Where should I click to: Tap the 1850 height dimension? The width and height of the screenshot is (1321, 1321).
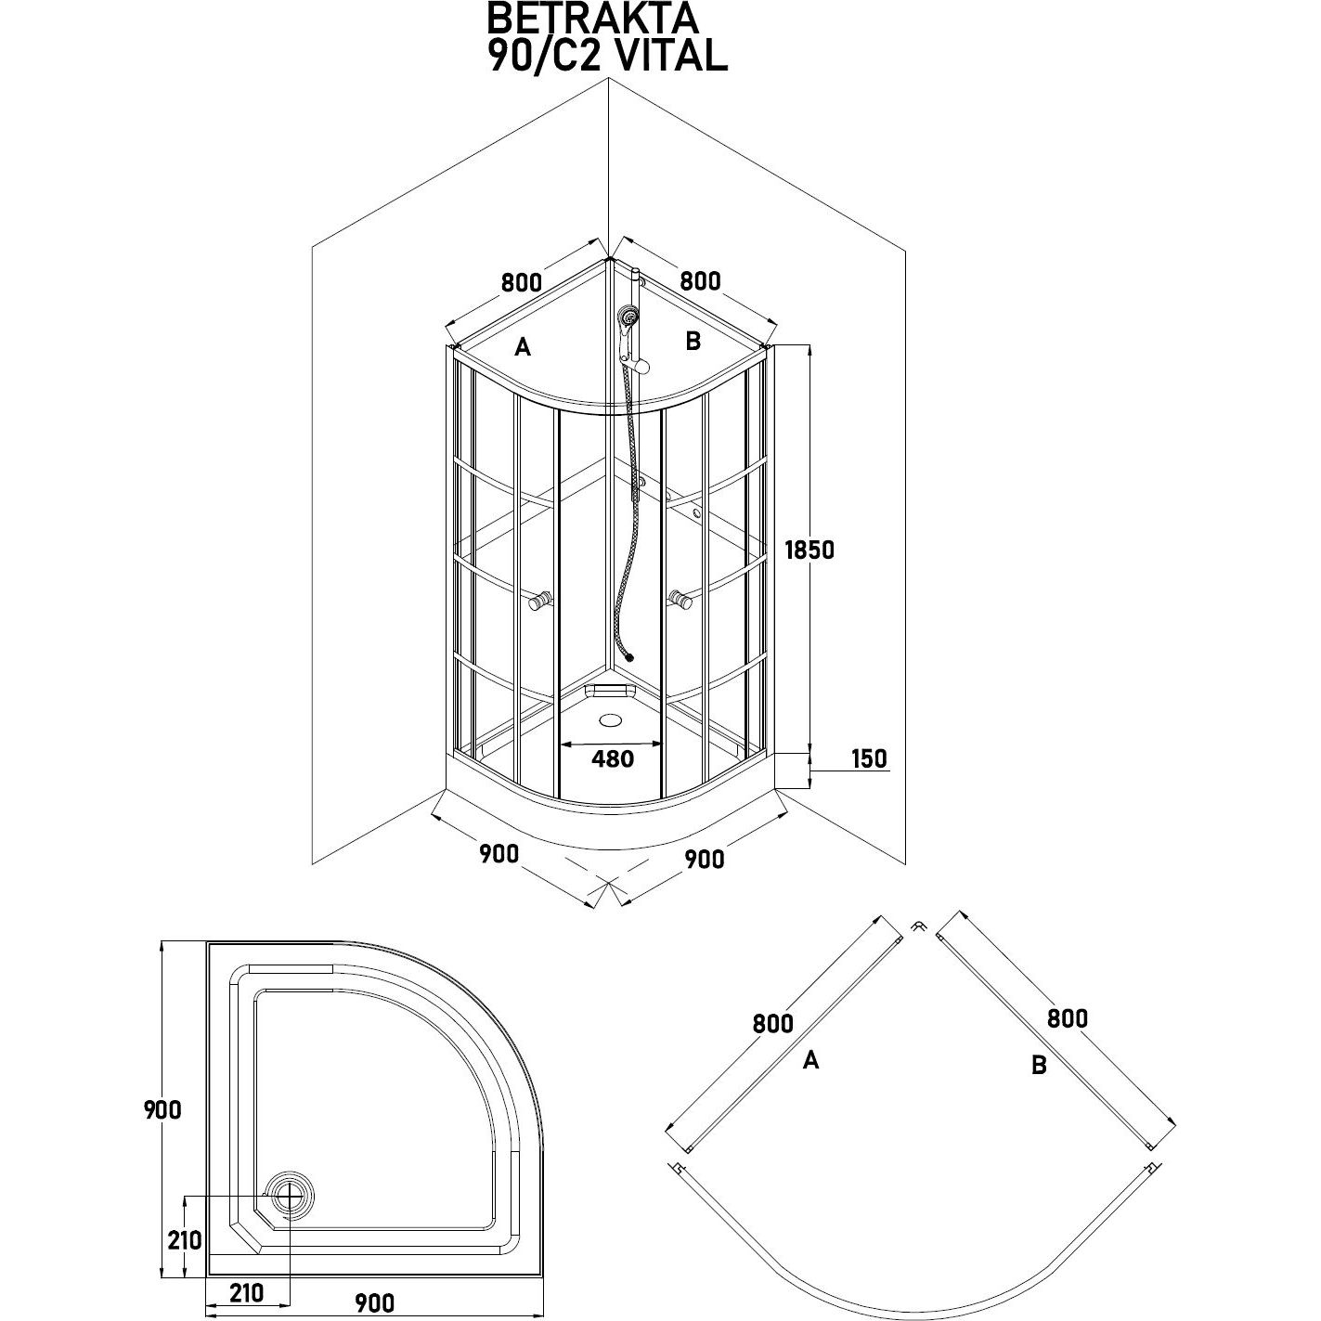(x=809, y=550)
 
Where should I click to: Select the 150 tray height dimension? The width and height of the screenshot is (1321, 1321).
(x=868, y=758)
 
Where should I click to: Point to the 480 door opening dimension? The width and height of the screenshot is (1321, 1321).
(x=613, y=758)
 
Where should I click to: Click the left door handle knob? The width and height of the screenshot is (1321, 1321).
(x=537, y=602)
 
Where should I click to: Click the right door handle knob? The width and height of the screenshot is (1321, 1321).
(x=684, y=602)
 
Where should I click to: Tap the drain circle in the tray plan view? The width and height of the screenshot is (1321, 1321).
(x=290, y=1196)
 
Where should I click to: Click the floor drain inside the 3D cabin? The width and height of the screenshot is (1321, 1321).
(x=612, y=719)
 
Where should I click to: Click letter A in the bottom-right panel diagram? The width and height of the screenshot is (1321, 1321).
(x=810, y=1060)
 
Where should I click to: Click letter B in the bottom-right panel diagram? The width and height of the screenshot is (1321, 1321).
(x=1039, y=1066)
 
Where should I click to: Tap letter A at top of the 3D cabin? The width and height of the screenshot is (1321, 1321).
(x=523, y=347)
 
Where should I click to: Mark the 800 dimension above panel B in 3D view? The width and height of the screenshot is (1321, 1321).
(x=700, y=280)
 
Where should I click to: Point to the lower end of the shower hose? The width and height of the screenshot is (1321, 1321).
(x=630, y=655)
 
